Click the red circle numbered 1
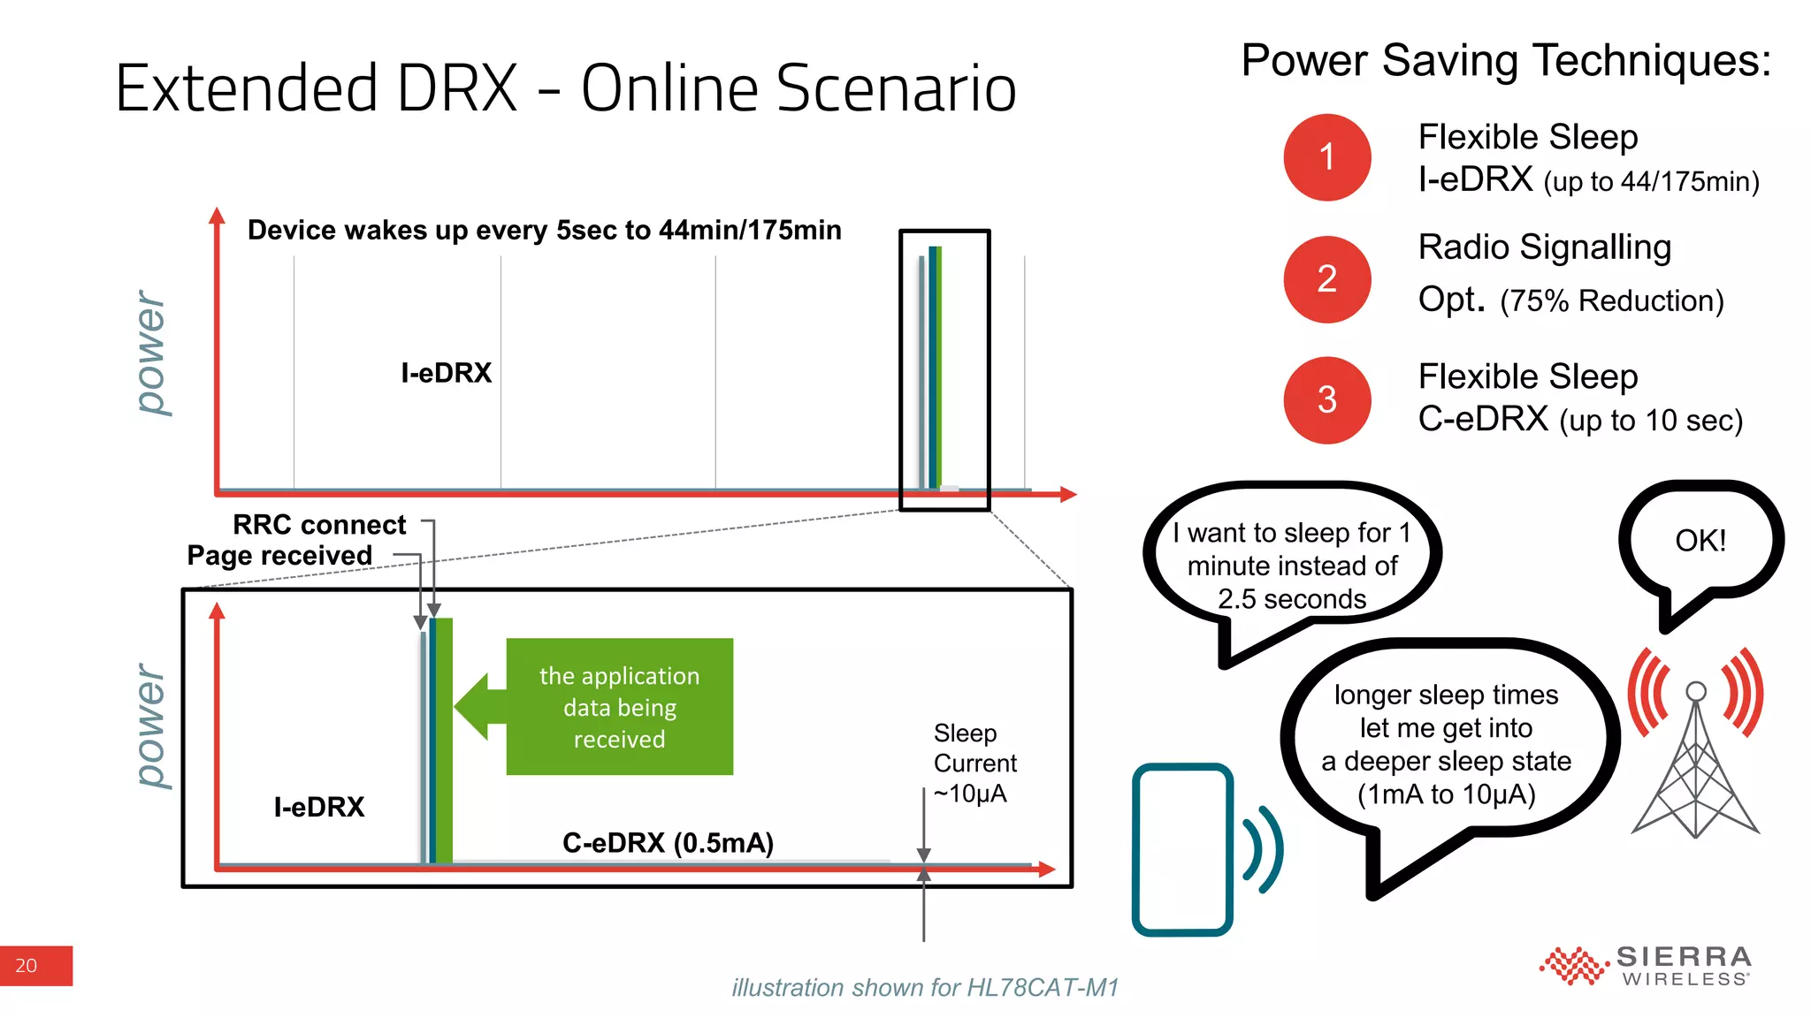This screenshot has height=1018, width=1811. [x=1326, y=157]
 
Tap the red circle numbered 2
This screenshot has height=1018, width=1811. [x=1326, y=279]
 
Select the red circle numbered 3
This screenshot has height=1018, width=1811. [x=1326, y=400]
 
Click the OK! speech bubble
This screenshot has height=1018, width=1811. [x=1700, y=541]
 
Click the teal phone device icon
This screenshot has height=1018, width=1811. [x=1183, y=849]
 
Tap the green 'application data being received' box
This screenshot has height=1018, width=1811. [x=619, y=707]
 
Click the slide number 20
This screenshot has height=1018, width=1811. [x=27, y=966]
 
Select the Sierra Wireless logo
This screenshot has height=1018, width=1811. [x=1647, y=965]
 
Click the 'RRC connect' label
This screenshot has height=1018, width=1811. [x=319, y=525]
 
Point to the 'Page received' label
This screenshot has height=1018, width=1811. [x=279, y=556]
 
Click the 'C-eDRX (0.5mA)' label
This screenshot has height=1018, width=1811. [x=668, y=843]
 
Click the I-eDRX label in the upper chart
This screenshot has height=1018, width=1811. [x=446, y=373]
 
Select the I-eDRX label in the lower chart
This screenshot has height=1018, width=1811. [x=319, y=807]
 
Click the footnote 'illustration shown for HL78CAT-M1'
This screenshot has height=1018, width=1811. [x=925, y=987]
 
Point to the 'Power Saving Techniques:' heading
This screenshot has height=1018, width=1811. [x=1506, y=61]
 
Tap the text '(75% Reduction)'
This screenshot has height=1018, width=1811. [x=1612, y=301]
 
